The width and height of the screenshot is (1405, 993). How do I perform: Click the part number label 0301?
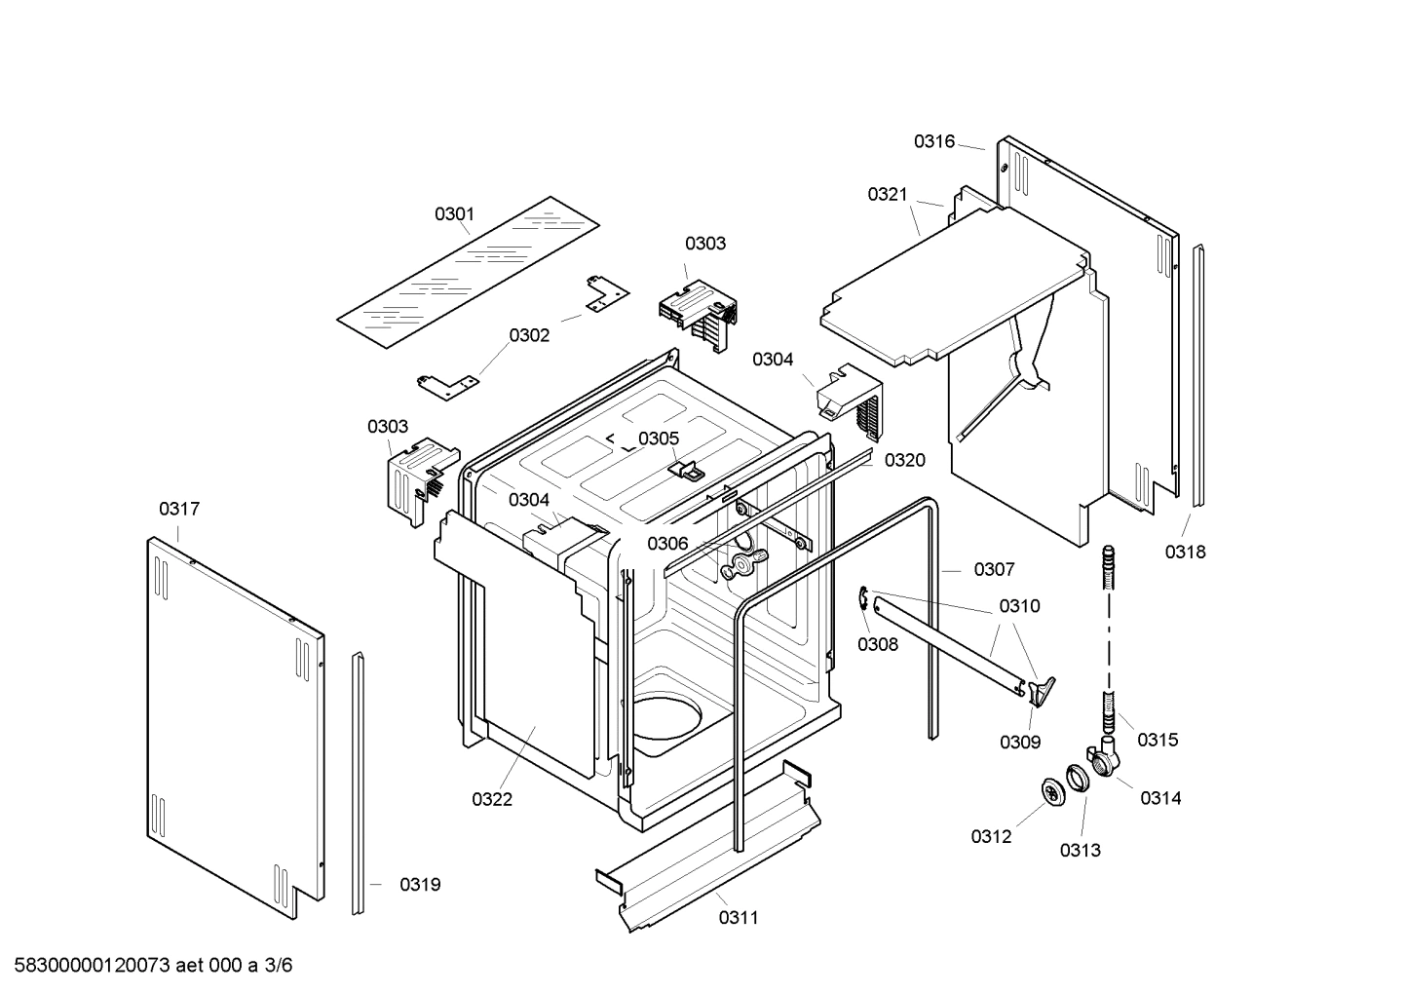point(454,213)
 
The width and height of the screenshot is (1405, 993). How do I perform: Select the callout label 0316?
point(933,142)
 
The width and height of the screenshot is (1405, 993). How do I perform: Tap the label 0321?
point(888,195)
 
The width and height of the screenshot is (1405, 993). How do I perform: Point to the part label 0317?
point(179,509)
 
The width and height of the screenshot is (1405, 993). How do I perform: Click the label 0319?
point(420,885)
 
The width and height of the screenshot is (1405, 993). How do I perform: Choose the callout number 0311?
point(739,917)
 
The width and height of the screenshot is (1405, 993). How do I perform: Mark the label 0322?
point(492,799)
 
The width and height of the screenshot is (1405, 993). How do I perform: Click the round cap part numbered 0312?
point(1053,794)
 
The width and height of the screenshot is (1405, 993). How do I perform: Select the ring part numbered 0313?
point(1077,779)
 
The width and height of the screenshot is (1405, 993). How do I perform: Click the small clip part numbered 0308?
point(864,600)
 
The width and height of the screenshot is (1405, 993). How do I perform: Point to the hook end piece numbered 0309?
point(1041,690)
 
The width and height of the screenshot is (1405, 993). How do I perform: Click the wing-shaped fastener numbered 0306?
point(744,559)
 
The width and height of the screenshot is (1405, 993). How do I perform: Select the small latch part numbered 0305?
point(689,470)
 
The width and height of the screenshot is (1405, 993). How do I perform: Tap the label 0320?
point(904,460)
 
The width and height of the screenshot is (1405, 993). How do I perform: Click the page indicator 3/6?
point(279,966)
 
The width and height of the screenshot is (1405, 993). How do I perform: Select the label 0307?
point(994,569)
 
